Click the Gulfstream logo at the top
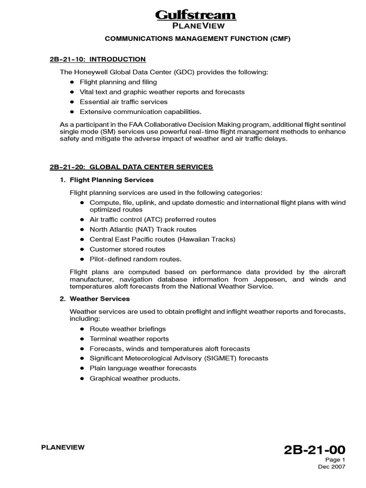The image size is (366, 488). pos(196,15)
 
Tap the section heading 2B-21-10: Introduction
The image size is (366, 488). pos(98,60)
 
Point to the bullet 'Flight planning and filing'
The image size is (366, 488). pos(118,82)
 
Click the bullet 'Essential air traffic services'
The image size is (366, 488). pos(123,102)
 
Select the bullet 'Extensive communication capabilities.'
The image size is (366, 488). pos(134,112)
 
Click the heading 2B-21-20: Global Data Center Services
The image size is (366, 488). pos(132,167)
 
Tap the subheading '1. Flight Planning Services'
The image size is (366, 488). pos(112,180)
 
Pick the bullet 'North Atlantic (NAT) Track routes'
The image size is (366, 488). pos(143,229)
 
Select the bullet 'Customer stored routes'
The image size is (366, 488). pos(127,249)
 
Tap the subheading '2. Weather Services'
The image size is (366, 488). pos(100,299)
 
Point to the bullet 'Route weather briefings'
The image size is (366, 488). pos(128,329)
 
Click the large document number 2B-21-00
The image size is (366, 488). pos(314,450)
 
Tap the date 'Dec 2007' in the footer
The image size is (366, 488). pos(332,467)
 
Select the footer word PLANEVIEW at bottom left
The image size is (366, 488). pos(63,447)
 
